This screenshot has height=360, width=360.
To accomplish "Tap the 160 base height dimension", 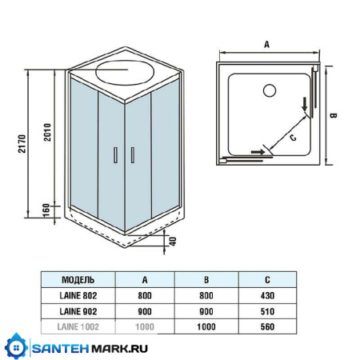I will tap(47, 210).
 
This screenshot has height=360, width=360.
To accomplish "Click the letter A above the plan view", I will tap(266, 45).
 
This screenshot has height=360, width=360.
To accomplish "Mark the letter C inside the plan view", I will tap(292, 137).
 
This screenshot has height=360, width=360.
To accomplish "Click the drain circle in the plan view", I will tap(269, 91).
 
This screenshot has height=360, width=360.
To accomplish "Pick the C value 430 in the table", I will tap(266, 296).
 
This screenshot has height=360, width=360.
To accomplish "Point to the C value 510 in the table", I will tap(266, 312).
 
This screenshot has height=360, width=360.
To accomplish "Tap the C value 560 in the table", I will tap(266, 327).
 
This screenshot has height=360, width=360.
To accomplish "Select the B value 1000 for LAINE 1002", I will tap(206, 327).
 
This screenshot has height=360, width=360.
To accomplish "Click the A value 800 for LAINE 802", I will tap(145, 296).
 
